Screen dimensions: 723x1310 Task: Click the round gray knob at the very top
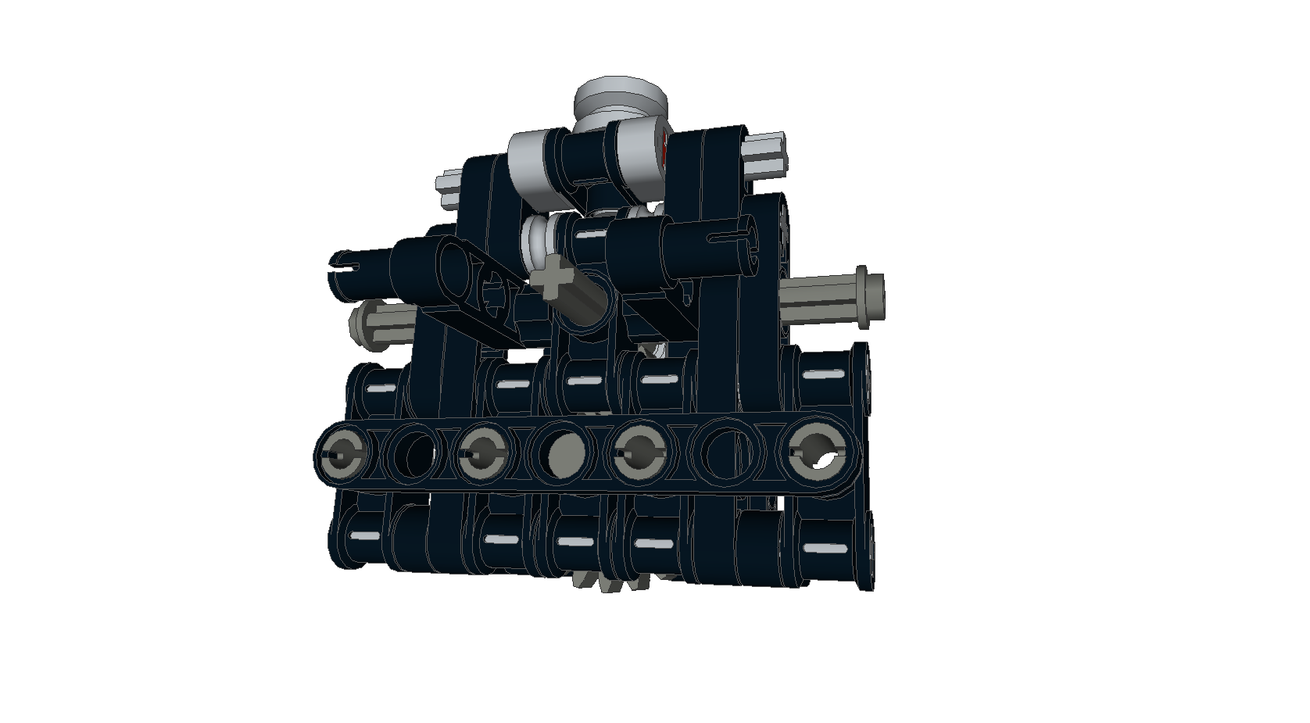pyautogui.click(x=621, y=98)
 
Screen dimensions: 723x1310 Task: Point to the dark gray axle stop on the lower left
pyautogui.click(x=362, y=324)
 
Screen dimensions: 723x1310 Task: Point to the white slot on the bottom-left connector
pyautogui.click(x=363, y=537)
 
